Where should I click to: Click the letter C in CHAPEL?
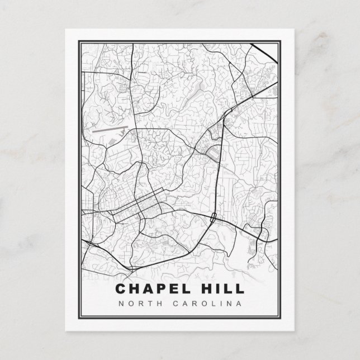[122, 289]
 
